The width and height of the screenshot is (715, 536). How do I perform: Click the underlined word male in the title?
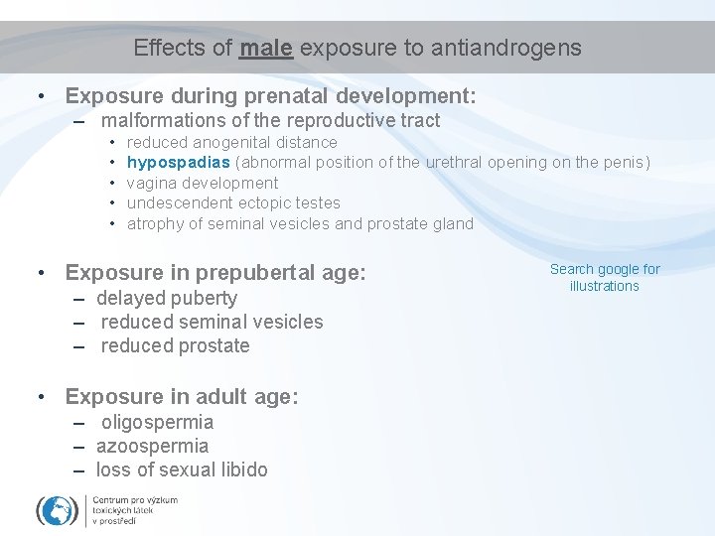coord(265,48)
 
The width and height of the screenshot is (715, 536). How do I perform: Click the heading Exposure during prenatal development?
coord(270,96)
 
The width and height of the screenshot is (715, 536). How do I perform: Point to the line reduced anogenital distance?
coord(232,142)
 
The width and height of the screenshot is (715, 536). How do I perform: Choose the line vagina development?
coord(203,183)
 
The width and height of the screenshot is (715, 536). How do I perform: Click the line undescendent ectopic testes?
coord(233,202)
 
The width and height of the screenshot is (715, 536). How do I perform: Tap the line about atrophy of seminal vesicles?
coord(300,223)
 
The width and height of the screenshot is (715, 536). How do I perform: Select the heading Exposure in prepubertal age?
coord(215,272)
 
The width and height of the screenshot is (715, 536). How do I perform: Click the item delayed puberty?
coord(167,298)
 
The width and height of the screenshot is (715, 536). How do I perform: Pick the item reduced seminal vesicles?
coord(212,322)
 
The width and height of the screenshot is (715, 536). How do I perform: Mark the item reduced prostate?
coord(175,345)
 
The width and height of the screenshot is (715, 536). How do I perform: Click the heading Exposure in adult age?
coord(181,396)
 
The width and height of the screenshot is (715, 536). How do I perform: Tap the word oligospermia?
coord(157,422)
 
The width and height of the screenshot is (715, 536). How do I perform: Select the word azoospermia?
coord(152,446)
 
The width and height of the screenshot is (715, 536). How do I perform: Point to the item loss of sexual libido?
coord(182,469)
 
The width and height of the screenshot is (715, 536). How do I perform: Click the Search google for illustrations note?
coord(605,278)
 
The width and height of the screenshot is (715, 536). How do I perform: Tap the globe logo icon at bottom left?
coord(58,510)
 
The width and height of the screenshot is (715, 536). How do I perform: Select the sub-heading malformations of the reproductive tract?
coord(270,121)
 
